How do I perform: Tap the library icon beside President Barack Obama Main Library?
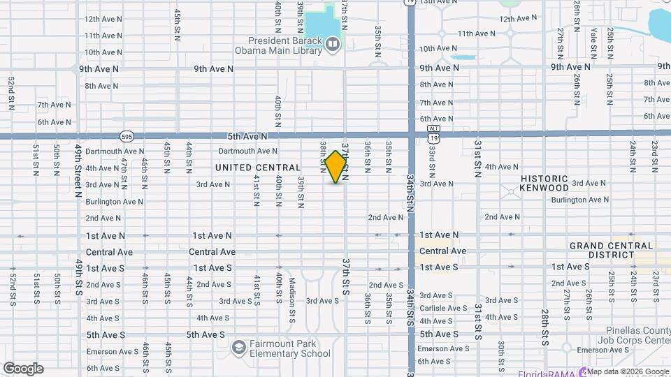tap(333, 45)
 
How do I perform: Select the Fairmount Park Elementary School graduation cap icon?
tap(239, 347)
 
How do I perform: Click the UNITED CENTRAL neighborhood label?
tap(258, 168)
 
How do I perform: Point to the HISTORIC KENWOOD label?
tap(544, 184)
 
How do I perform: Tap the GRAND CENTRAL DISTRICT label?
tap(611, 251)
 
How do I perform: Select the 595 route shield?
tap(127, 135)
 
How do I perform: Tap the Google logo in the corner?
tap(23, 369)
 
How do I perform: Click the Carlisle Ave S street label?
tap(443, 308)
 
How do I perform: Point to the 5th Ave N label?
tap(247, 136)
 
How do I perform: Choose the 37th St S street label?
tap(345, 272)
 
